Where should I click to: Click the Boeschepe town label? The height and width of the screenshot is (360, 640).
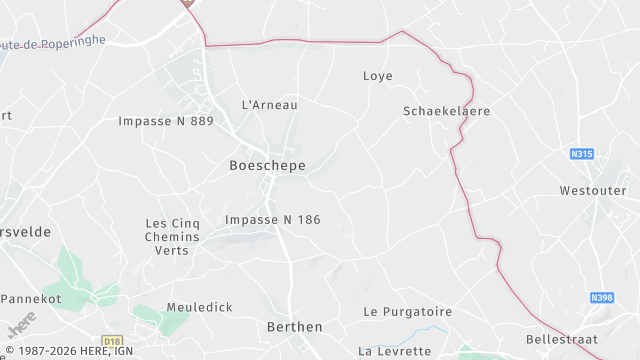pyautogui.click(x=267, y=165)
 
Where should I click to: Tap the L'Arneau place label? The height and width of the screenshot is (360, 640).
pyautogui.click(x=270, y=104)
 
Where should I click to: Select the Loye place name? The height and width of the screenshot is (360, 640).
pyautogui.click(x=377, y=76)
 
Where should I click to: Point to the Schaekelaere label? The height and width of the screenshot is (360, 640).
pyautogui.click(x=447, y=111)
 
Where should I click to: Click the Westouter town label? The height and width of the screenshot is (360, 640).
pyautogui.click(x=593, y=190)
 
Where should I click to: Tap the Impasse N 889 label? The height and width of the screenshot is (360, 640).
pyautogui.click(x=166, y=121)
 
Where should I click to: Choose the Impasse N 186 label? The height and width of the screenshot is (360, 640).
pyautogui.click(x=273, y=219)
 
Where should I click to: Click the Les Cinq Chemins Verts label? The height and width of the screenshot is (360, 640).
pyautogui.click(x=173, y=237)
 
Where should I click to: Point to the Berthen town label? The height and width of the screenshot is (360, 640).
pyautogui.click(x=295, y=327)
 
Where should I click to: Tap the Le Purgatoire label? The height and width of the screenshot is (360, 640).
pyautogui.click(x=408, y=312)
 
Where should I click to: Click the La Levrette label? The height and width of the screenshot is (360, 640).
pyautogui.click(x=395, y=351)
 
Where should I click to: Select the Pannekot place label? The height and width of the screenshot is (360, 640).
pyautogui.click(x=32, y=299)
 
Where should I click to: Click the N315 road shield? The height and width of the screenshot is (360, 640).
pyautogui.click(x=582, y=154)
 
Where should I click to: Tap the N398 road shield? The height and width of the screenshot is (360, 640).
pyautogui.click(x=602, y=297)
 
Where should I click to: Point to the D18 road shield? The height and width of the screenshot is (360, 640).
pyautogui.click(x=112, y=340)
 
